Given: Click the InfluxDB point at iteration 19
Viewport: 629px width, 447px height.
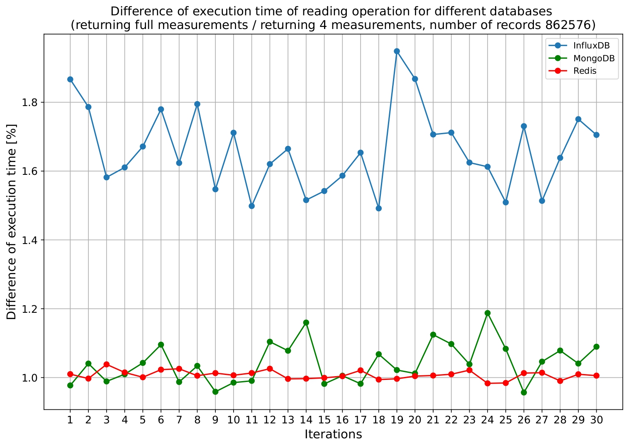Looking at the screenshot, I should [397, 51].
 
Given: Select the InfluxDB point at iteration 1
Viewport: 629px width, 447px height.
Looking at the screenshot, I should [70, 80].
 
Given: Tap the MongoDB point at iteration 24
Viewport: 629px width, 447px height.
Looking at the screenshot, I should [488, 313].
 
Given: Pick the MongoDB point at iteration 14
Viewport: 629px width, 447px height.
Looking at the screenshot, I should [306, 322].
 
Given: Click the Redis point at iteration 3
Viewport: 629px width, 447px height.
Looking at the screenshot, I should [106, 365].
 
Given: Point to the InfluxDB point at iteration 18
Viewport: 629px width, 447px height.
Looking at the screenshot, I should [378, 208].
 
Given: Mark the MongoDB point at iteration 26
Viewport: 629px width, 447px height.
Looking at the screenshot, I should [524, 392].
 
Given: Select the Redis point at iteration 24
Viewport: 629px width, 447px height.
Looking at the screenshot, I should [488, 384].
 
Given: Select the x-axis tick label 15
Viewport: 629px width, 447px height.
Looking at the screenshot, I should [324, 420].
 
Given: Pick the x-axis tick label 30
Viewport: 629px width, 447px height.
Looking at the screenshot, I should [596, 420].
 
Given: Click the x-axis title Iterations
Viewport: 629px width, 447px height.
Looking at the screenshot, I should [333, 434].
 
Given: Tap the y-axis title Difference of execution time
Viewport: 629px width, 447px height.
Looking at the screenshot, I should [12, 222].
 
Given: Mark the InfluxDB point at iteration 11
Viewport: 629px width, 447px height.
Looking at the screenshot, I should [251, 206].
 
